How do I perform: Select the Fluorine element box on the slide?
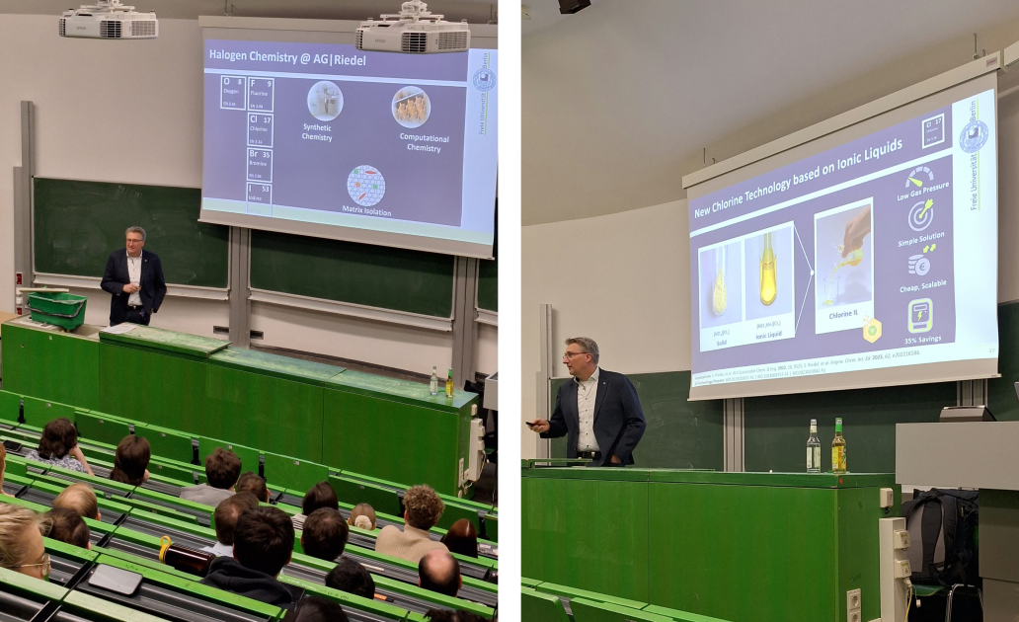pos(261,95)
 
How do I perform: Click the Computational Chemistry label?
pos(424,143)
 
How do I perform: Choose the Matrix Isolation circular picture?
pos(366,185)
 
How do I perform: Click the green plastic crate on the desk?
pos(56,309)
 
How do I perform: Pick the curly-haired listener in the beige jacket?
pos(419,523)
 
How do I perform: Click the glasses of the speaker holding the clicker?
pos(576,354)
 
